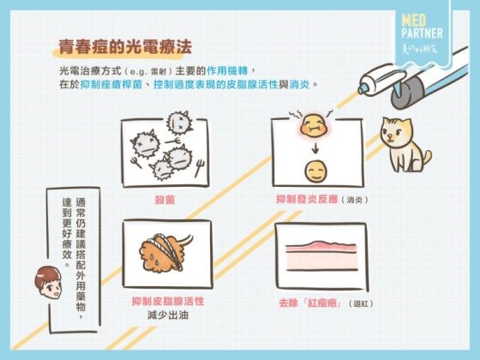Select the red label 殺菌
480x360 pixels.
pos(165,199)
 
